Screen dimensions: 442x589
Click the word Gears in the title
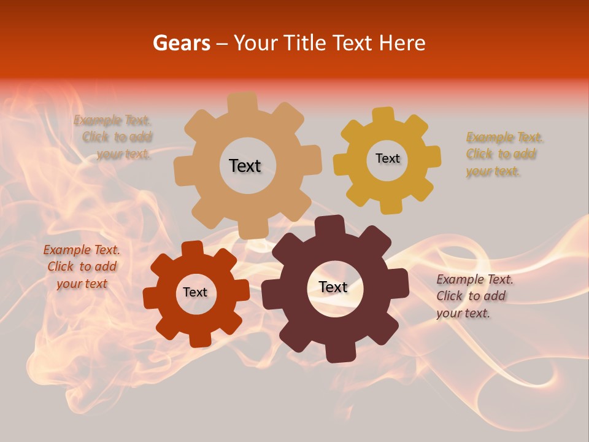point(181,43)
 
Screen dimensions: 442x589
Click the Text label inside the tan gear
point(245,166)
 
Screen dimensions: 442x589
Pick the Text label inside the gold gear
point(387,158)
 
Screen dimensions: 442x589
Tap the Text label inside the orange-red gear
point(195,292)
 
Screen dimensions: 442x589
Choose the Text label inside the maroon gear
point(333,287)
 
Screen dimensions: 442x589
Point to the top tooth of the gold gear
point(383,116)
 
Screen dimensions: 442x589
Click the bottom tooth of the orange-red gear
point(199,339)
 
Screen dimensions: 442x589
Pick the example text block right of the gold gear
point(502,154)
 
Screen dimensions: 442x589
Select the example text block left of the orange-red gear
point(82,267)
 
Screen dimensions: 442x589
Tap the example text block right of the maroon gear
point(474,296)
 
